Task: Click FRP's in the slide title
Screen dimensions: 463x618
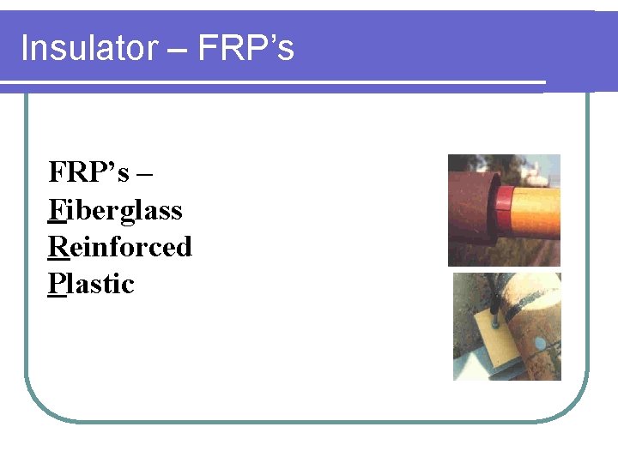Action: point(246,49)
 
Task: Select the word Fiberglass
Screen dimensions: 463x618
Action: point(116,210)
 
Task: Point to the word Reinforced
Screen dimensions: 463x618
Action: point(120,247)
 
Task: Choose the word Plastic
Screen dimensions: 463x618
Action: point(92,284)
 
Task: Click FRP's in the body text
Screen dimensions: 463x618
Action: point(88,172)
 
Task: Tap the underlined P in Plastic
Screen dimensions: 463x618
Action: point(56,284)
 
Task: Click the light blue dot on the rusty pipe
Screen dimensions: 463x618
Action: point(540,345)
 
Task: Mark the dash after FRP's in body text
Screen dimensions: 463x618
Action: point(143,174)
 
